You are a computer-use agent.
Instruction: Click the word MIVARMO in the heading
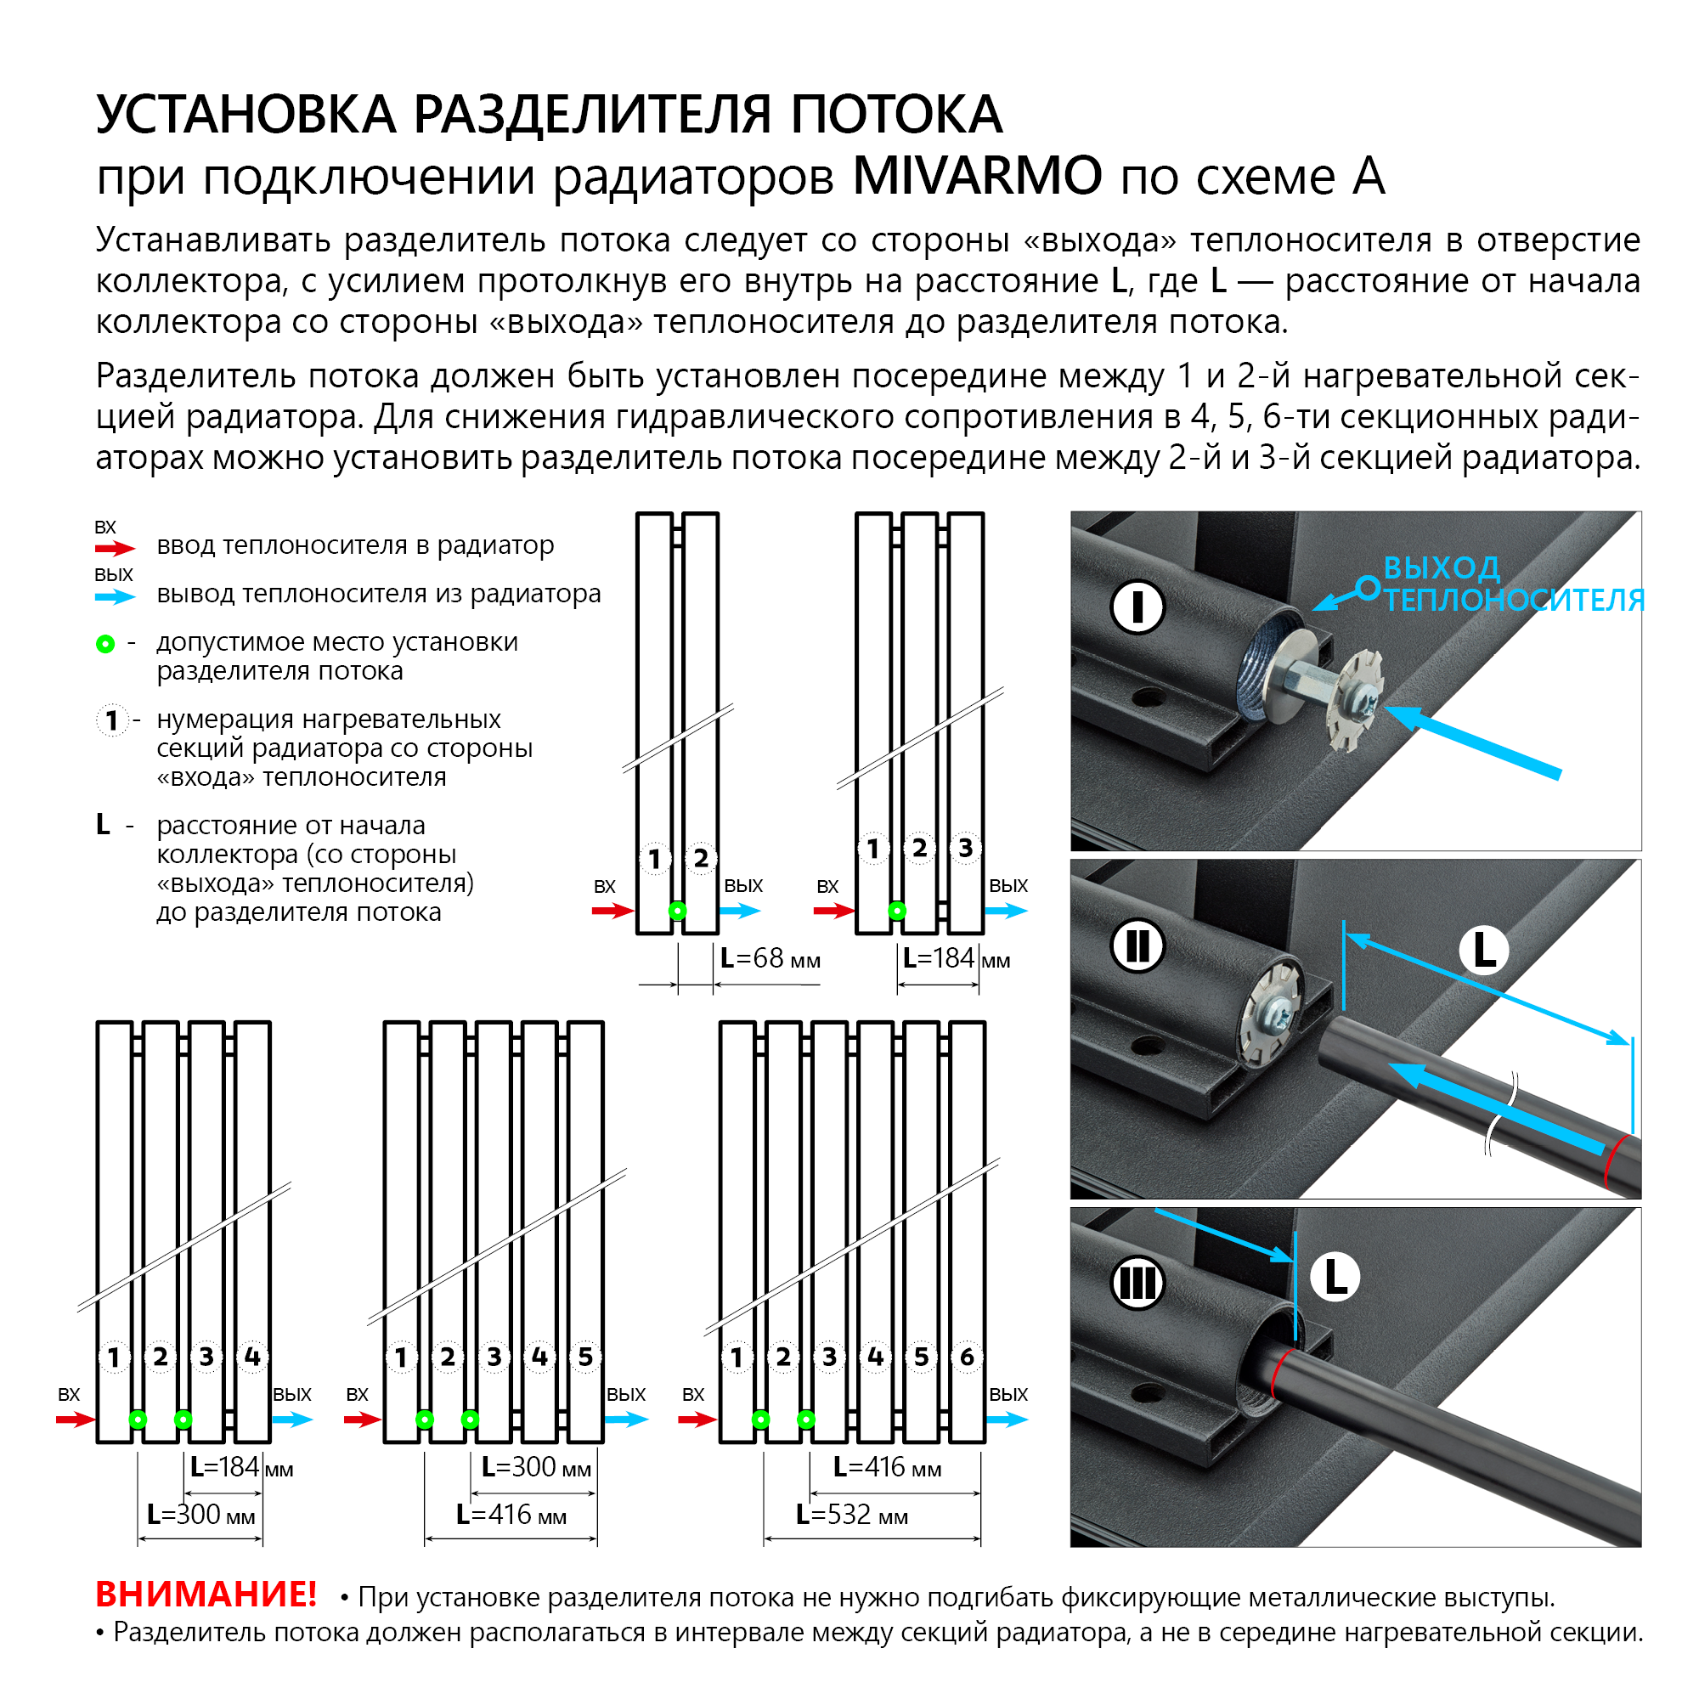[976, 176]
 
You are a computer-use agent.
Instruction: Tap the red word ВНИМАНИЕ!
[206, 1594]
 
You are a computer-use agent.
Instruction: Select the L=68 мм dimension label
[770, 958]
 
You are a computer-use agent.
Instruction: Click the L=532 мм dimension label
[851, 1515]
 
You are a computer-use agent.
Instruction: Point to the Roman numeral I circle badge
[1137, 607]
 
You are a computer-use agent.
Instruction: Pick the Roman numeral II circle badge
[1137, 947]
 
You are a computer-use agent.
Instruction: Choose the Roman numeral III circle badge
[1137, 1284]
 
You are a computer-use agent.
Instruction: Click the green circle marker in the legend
[105, 644]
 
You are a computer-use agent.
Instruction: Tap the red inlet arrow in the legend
[116, 549]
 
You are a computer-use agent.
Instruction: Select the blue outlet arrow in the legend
[116, 597]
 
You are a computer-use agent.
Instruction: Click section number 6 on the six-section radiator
[967, 1357]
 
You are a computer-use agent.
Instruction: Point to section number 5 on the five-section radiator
[584, 1357]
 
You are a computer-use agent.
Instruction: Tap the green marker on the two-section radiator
[677, 911]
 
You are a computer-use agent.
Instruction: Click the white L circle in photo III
[1335, 1277]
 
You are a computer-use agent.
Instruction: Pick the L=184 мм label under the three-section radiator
[955, 958]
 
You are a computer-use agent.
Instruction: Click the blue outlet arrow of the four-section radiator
[292, 1420]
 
